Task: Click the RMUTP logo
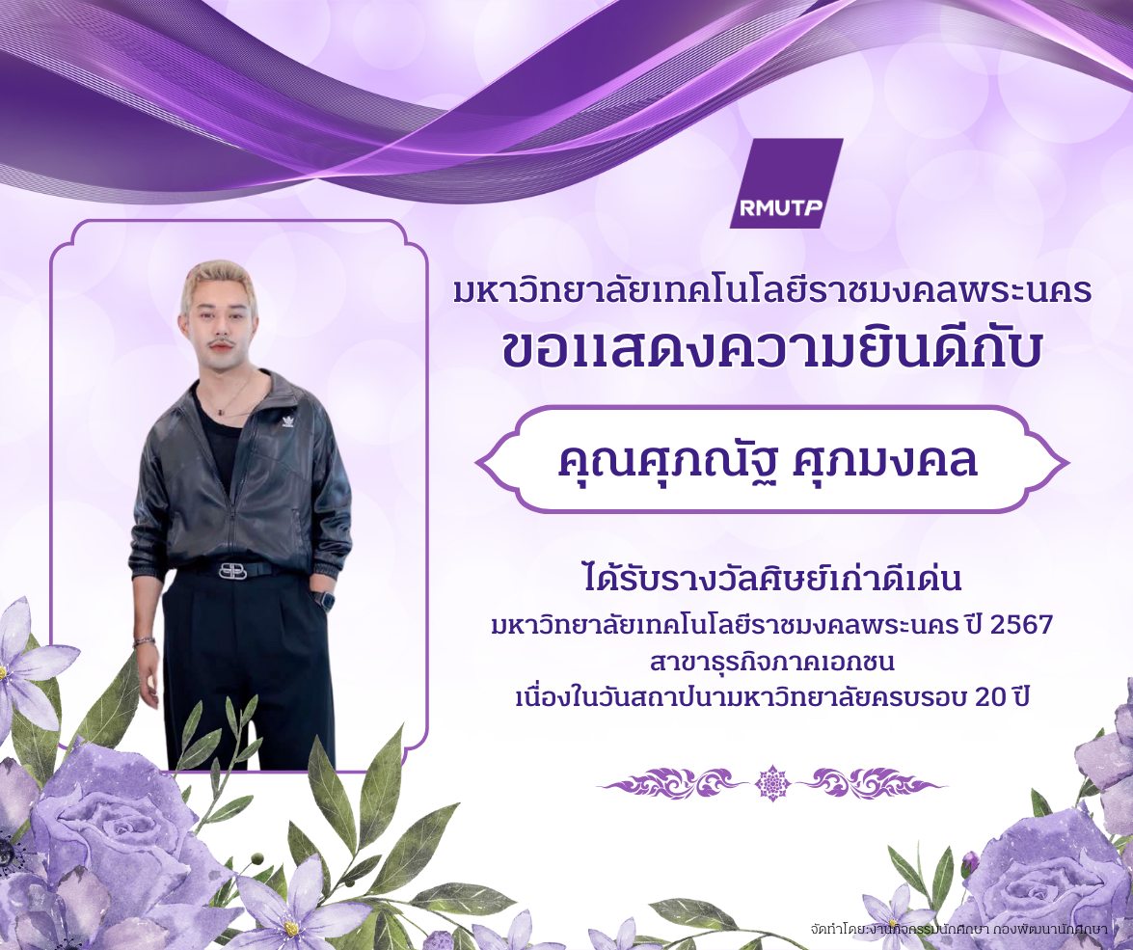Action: tap(786, 183)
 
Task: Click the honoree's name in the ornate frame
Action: tap(768, 460)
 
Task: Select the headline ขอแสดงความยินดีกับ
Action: tap(772, 352)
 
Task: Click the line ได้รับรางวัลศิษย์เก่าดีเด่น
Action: tap(772, 579)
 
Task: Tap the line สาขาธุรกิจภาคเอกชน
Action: tap(772, 663)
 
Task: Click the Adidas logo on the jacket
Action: tap(286, 421)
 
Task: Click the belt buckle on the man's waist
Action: tap(232, 570)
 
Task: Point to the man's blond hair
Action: tap(219, 280)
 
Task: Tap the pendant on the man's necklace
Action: tap(221, 412)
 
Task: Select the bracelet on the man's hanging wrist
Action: tap(144, 641)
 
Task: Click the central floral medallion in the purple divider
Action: tap(772, 783)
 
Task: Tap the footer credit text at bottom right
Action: tap(958, 928)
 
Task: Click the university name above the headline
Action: tap(772, 290)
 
